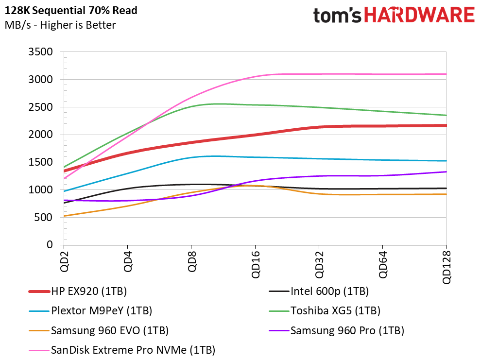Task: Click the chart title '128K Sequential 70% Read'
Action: (71, 10)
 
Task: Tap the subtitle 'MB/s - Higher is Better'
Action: (60, 25)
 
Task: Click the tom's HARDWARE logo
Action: (394, 15)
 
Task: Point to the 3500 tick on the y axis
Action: (40, 52)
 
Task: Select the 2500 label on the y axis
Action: (40, 107)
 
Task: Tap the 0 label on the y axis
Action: (50, 245)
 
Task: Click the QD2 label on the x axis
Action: (64, 261)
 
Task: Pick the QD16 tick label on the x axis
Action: (255, 264)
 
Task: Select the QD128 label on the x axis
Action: (447, 267)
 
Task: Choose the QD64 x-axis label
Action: (382, 264)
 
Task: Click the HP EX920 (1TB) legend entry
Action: (78, 291)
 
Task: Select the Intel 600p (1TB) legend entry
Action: (319, 291)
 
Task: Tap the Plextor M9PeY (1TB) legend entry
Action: (90, 310)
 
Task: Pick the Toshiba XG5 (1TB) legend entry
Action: (325, 310)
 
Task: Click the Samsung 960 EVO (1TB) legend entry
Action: (99, 330)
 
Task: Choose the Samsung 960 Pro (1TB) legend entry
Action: (337, 330)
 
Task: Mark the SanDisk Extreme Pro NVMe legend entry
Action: (122, 350)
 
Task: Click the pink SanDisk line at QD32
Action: (319, 74)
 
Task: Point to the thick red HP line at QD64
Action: (382, 126)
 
